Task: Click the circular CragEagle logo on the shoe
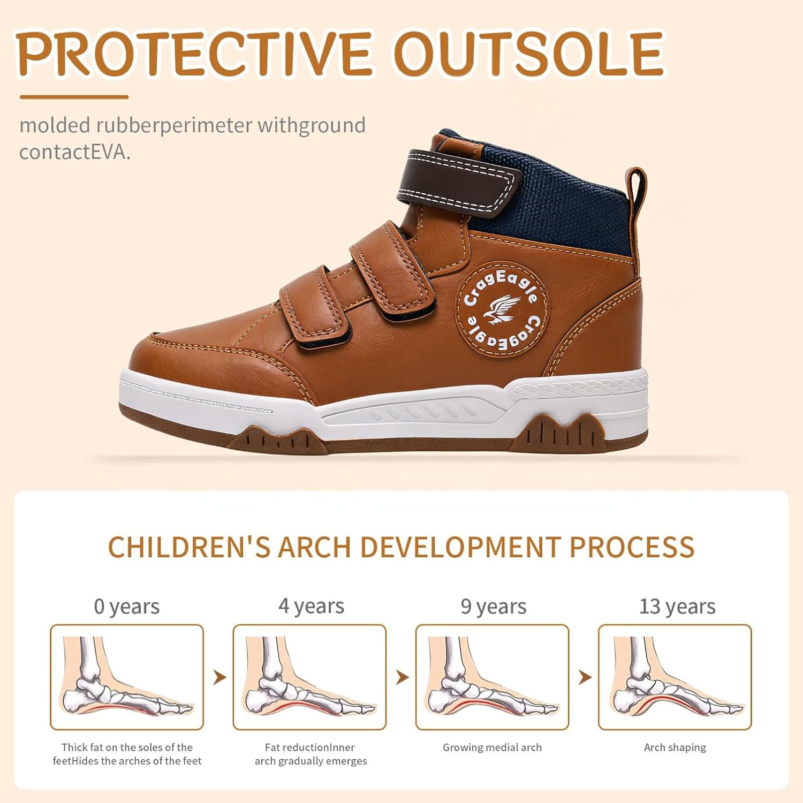tap(502, 310)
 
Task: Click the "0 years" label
tap(127, 607)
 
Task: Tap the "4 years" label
tap(311, 606)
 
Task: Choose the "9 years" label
tap(494, 607)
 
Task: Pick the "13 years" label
tap(677, 607)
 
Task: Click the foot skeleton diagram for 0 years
tap(127, 677)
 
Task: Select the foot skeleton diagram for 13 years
tap(675, 677)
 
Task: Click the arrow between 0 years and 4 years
tap(219, 677)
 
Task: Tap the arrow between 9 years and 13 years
tap(585, 677)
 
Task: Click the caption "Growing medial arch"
tap(492, 747)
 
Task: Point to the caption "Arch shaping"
tap(675, 747)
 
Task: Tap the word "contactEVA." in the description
tap(75, 152)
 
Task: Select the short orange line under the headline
tap(74, 97)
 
